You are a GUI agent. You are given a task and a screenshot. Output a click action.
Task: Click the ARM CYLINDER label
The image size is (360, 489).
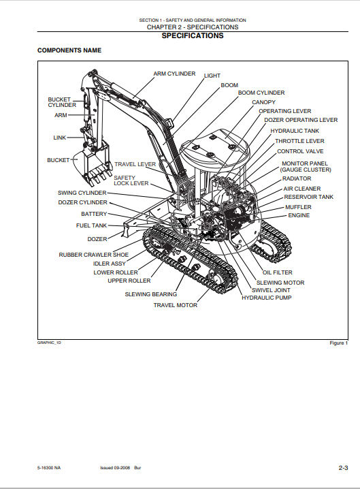174,74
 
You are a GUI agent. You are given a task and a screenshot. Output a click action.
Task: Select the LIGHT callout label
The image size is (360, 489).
212,76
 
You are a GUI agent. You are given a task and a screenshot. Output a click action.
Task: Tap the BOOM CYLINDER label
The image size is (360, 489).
261,93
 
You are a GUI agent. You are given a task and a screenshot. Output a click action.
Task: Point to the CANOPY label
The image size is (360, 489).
263,102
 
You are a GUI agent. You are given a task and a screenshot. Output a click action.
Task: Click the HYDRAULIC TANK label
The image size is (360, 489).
295,131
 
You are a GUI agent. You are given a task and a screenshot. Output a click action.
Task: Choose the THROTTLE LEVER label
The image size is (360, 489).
299,141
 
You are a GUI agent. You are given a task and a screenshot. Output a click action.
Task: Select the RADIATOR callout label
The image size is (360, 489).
297,178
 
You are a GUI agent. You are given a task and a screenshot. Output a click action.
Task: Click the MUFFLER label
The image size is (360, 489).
298,207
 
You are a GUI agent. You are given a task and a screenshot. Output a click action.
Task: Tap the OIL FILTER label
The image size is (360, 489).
278,272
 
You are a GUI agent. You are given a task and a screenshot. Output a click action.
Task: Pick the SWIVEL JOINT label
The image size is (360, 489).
271,290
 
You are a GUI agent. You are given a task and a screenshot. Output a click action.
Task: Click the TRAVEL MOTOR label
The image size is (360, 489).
175,305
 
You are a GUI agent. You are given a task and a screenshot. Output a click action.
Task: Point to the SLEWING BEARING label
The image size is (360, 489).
151,294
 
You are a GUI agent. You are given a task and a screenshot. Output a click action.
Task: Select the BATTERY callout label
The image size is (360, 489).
94,214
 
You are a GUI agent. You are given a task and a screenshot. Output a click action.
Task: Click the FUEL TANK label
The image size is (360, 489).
91,225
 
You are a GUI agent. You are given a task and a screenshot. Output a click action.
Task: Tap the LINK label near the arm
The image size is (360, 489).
59,138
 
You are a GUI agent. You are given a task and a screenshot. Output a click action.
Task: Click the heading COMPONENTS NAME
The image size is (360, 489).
69,50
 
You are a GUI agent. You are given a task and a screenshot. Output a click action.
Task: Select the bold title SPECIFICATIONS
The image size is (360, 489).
193,36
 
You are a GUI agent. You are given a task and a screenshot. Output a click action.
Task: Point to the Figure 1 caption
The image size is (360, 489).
338,343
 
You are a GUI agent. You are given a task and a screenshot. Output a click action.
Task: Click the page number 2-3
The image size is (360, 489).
343,468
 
